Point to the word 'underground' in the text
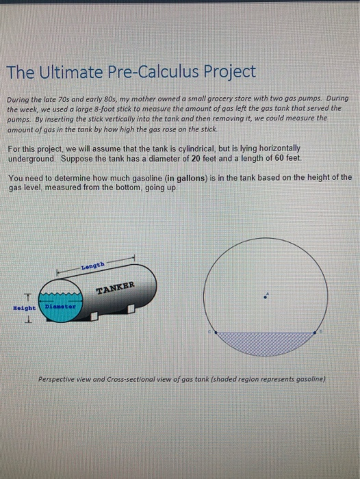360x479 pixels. [x=32, y=157]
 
